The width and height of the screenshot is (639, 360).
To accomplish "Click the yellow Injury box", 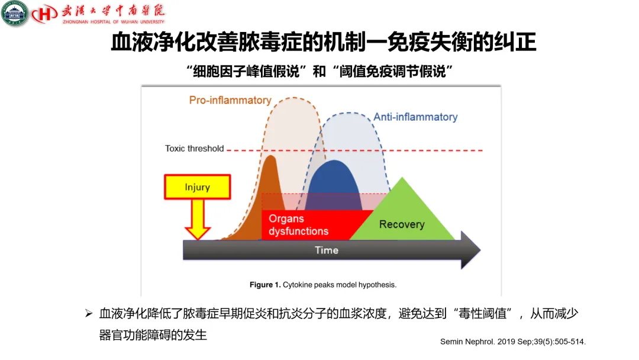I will coord(197,187).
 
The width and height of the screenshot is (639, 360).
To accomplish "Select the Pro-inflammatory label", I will coord(230,101).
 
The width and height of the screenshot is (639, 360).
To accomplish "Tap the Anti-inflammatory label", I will coord(415,117).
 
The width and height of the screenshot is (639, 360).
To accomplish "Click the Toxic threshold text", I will coord(194,149).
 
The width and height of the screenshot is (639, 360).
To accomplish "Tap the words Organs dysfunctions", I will coord(298,225).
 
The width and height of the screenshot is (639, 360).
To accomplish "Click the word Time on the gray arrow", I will coord(326,250).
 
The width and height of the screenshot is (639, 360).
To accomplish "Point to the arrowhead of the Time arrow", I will coord(470,250).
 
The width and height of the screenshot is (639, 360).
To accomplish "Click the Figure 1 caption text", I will coord(322,285).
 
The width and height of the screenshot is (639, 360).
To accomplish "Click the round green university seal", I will coord(15,13).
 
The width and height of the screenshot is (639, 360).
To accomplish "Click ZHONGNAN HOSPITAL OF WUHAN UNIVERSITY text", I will coord(113,22).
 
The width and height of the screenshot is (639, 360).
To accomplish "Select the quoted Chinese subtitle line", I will coord(319,72).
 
